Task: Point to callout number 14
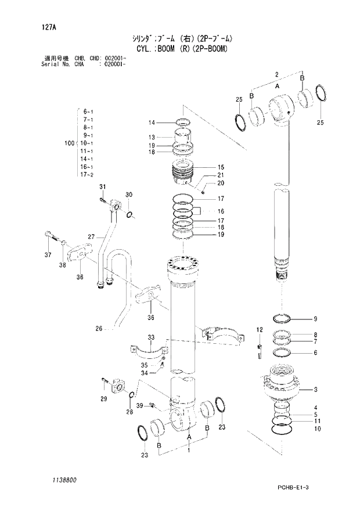(151, 123)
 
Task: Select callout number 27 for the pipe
(91, 236)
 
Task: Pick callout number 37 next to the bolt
(48, 255)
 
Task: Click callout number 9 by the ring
(315, 318)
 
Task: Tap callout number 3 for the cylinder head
(315, 389)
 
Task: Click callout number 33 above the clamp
(150, 337)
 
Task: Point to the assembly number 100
(70, 142)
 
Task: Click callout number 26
(99, 329)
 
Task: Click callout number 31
(103, 186)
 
